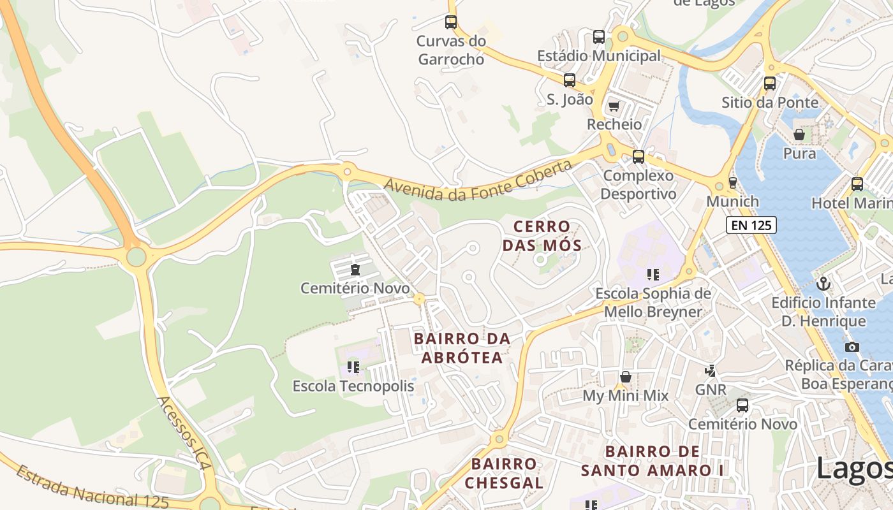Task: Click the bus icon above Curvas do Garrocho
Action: point(451,22)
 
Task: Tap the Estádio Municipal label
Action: point(599,56)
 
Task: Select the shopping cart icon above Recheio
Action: point(614,106)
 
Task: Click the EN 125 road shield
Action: point(751,224)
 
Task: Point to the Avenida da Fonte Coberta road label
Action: point(478,182)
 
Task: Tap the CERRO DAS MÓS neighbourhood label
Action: point(542,236)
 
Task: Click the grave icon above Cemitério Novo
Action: point(355,270)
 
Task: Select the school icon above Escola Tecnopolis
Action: point(353,367)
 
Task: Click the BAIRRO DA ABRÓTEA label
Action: point(462,348)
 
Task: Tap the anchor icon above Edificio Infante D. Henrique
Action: point(823,283)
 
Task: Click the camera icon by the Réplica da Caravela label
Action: point(852,347)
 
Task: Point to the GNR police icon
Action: point(710,370)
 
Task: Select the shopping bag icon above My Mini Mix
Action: point(626,377)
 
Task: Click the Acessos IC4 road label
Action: point(184,433)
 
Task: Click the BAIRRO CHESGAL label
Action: point(504,473)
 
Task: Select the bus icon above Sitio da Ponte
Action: point(770,83)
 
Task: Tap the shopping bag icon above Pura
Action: point(799,135)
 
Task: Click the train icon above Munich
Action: point(733,183)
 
